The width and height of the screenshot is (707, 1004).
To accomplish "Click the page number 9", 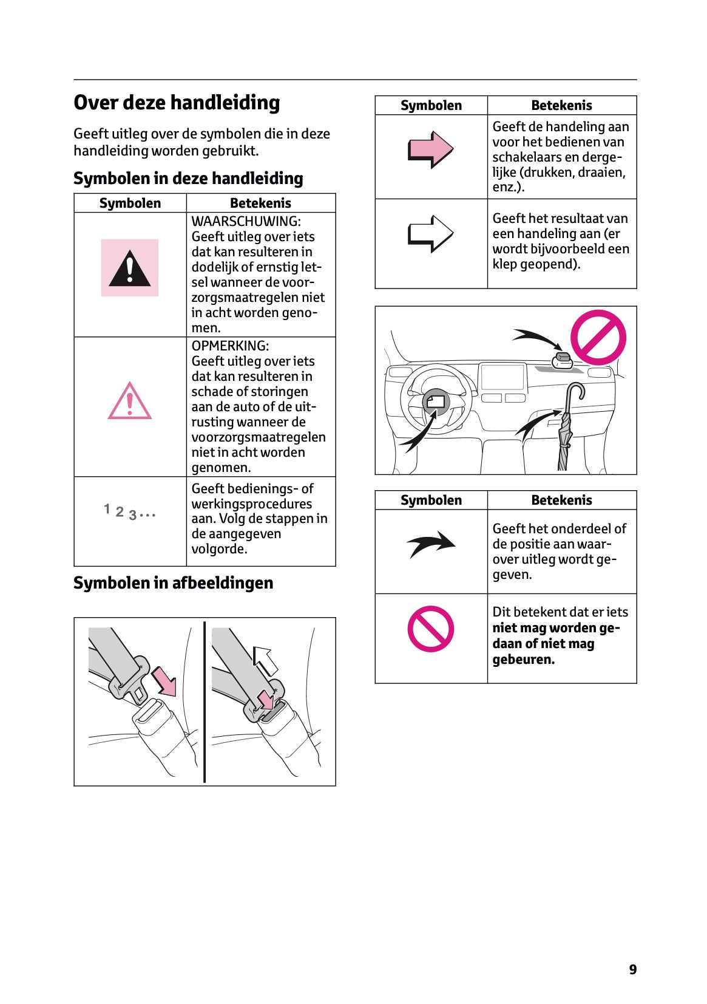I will coord(632,969).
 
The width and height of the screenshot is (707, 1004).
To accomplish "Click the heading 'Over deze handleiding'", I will coord(177,103).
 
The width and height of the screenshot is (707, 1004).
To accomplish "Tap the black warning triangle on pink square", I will coord(129,268).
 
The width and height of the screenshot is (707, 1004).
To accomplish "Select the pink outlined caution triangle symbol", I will coord(129,401).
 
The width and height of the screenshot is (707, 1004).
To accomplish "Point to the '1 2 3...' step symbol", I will coord(129,512).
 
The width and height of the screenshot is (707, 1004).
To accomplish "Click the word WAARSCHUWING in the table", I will coord(246,222).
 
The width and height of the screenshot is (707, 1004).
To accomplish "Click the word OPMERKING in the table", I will coord(230,346).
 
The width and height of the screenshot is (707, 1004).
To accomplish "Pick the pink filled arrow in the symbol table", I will coord(430,149).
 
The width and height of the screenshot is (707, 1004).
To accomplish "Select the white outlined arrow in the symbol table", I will coord(430,233).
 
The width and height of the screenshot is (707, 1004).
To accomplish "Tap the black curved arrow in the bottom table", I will coord(431,544).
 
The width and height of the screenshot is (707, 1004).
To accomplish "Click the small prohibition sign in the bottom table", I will coord(431,629).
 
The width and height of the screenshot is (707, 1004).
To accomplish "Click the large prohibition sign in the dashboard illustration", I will coord(598,337).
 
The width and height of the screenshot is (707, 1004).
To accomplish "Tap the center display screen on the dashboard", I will coord(502,377).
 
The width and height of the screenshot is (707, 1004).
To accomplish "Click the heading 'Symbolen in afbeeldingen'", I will coord(173,583).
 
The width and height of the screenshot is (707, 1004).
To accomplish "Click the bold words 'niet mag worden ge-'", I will coord(556,628).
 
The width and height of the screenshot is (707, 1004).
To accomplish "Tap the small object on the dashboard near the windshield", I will coord(563,360).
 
